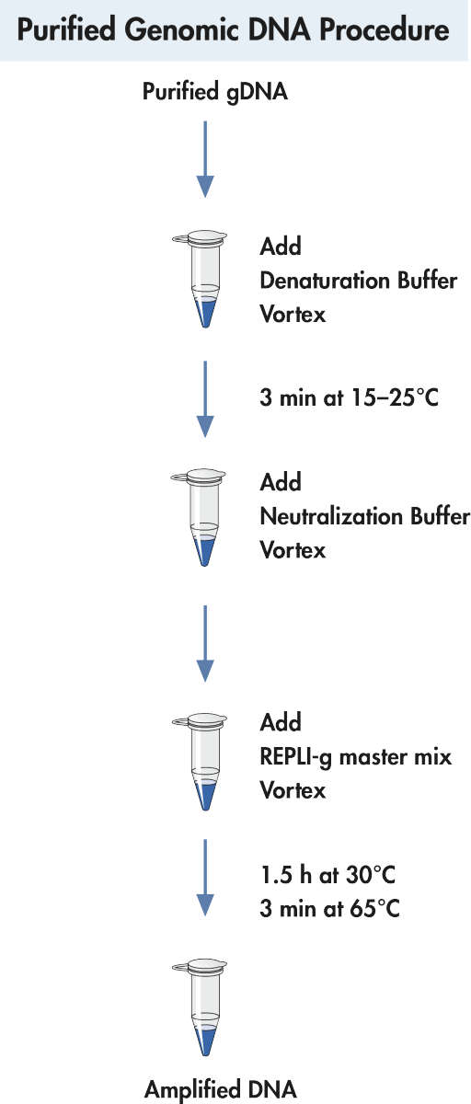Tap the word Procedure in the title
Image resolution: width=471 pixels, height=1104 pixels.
(x=385, y=29)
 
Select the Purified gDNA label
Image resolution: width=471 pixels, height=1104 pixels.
(x=215, y=93)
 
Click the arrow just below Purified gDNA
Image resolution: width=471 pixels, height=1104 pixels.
(x=205, y=158)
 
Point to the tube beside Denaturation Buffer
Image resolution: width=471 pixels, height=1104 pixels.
(x=201, y=278)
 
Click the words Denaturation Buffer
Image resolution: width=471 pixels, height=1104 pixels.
(x=359, y=281)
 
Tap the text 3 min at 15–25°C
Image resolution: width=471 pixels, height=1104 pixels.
(x=349, y=397)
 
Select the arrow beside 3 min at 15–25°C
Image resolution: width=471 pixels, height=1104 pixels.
(x=205, y=398)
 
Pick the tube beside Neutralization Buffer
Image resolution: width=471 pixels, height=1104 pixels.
(x=199, y=516)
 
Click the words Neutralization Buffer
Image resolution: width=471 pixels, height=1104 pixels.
(x=364, y=516)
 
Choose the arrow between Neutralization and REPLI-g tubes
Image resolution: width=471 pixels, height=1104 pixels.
(x=205, y=643)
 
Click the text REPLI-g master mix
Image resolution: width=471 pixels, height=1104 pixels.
(x=356, y=757)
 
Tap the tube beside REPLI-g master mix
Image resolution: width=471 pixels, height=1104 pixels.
(x=201, y=762)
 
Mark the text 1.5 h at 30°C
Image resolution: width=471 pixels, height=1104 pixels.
(x=327, y=875)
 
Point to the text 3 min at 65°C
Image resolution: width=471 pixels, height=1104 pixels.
(x=329, y=908)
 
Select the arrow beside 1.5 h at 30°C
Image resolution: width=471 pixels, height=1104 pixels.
(x=205, y=878)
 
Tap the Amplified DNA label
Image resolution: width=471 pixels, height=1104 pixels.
(x=220, y=1088)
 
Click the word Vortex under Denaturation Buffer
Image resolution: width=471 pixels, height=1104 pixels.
(x=293, y=314)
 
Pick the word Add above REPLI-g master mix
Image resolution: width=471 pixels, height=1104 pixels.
(x=281, y=722)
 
